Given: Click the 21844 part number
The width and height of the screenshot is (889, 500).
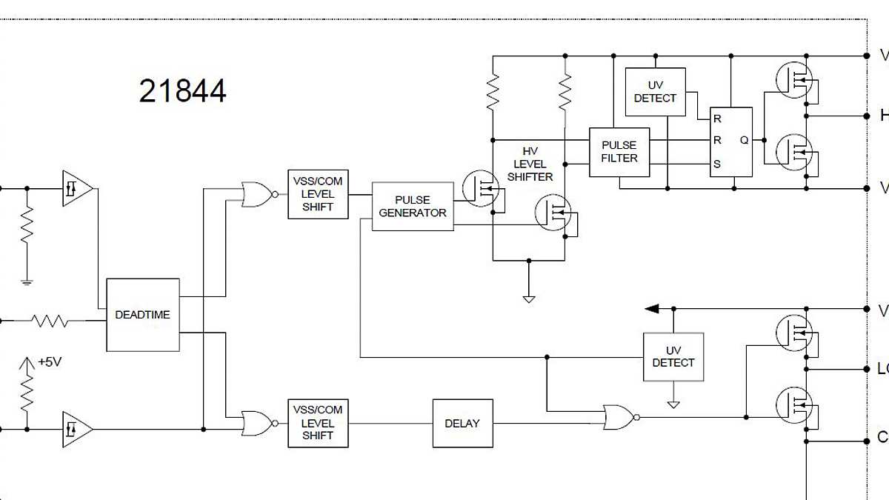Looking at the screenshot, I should tap(182, 91).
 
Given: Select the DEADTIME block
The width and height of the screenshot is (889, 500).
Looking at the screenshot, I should tap(142, 315).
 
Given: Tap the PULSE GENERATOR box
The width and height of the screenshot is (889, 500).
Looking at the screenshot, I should tap(413, 206).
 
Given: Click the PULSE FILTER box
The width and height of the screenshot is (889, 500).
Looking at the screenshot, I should tap(619, 152).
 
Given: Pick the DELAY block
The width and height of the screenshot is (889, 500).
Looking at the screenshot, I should tap(462, 423).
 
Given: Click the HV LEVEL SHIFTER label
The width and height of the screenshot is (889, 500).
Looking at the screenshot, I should tap(530, 164).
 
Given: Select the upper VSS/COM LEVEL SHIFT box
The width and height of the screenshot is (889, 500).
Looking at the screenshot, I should tap(318, 194).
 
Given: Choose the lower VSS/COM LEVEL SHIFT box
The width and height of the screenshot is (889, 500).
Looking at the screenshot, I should tap(318, 423).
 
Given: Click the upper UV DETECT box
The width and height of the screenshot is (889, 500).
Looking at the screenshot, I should tap(655, 92).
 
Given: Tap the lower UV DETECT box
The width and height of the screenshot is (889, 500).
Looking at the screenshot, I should tap(673, 356).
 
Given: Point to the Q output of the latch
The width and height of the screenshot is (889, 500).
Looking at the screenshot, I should tap(744, 140).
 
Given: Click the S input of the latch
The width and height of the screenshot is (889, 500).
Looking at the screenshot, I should tap(716, 164).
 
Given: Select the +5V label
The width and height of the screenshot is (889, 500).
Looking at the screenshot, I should tap(49, 362).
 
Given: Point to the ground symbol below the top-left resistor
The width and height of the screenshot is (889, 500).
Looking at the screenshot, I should tap(27, 281).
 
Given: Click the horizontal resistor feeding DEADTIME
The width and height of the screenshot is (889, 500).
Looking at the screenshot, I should tap(49, 321).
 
